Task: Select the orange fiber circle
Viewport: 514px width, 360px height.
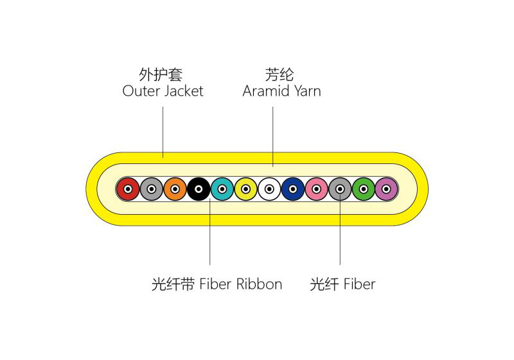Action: pos(175,189)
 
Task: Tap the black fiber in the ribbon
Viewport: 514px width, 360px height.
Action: pos(199,189)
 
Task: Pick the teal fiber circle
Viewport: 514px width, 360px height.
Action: pos(222,189)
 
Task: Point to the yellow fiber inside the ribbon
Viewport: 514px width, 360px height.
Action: pos(245,189)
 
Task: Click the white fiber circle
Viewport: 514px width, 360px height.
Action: pos(269,189)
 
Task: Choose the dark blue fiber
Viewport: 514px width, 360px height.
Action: pos(293,189)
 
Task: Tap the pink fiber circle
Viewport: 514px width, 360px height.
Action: pos(316,189)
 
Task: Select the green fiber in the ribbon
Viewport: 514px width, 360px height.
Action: pos(364,189)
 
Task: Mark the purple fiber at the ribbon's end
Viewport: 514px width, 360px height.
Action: pos(387,189)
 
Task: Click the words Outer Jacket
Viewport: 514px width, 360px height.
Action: pos(163,91)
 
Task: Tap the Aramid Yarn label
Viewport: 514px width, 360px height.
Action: pos(281,91)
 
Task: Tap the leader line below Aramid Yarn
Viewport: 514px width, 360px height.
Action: pos(273,135)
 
